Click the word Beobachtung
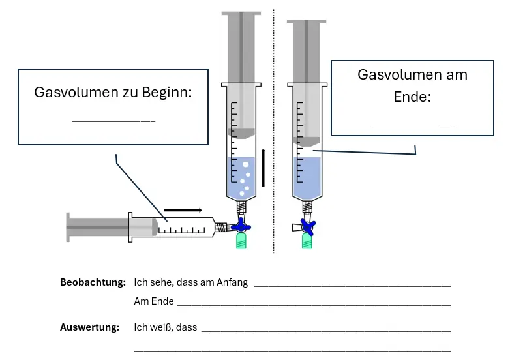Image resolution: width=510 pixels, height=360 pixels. tap(93, 283)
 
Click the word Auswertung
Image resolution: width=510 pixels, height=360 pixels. tap(90, 327)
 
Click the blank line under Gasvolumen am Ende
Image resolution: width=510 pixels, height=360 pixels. tap(412, 125)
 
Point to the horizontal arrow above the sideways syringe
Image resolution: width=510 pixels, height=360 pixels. tap(183, 210)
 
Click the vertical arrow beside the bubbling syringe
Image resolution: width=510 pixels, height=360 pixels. tap(263, 168)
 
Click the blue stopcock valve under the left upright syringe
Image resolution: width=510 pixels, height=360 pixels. tap(242, 226)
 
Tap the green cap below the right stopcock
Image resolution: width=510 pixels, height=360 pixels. tap(307, 243)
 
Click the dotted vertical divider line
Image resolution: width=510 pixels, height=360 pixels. tap(274, 130)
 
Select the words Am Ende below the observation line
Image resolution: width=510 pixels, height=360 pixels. tap(153, 302)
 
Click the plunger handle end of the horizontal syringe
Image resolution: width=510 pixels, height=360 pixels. tap(69, 227)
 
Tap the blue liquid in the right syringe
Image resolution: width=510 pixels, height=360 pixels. tap(307, 176)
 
